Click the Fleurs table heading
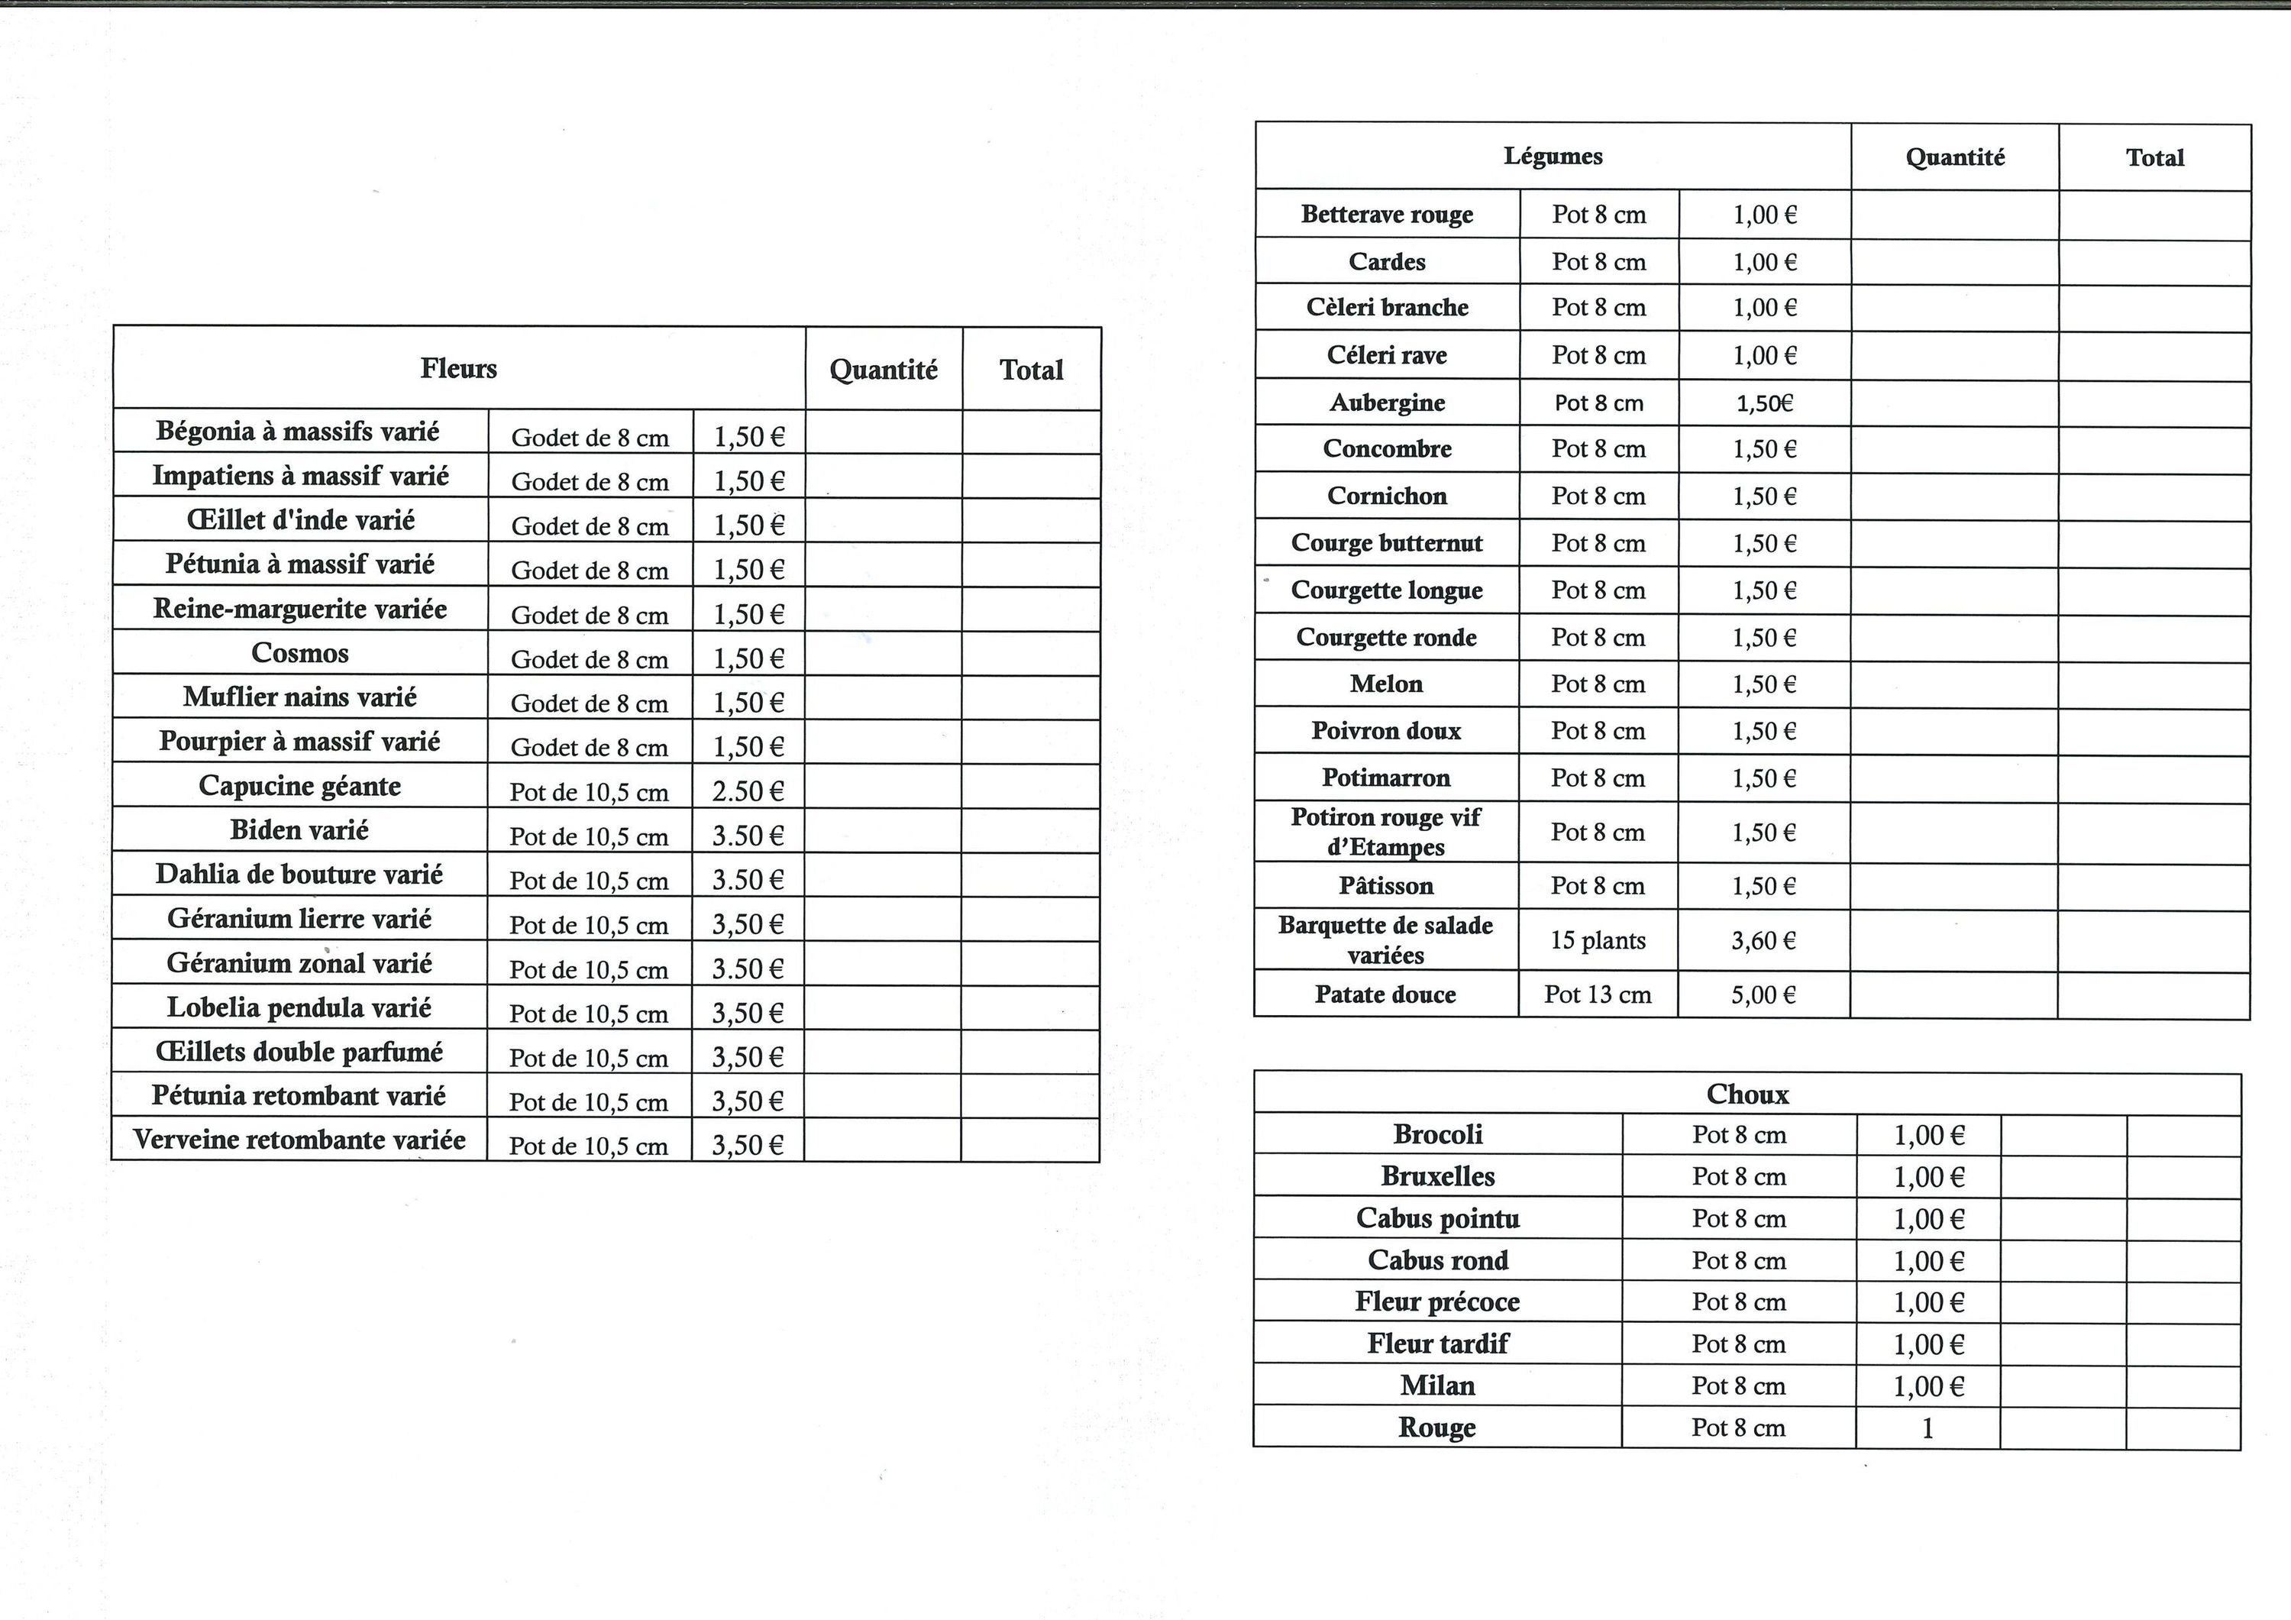point(458,368)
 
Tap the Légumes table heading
point(1553,156)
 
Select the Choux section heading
point(1747,1094)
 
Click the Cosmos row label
point(299,653)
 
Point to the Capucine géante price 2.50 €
point(748,791)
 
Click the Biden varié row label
point(299,829)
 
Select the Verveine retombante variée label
point(299,1140)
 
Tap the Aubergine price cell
point(1764,403)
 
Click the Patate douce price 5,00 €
point(1763,994)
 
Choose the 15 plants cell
point(1598,940)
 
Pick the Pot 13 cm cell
point(1598,994)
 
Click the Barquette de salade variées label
point(1385,940)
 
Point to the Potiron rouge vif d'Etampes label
point(1385,832)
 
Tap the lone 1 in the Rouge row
point(1927,1428)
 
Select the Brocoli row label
point(1438,1134)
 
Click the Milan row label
point(1438,1386)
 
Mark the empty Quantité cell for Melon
point(1953,684)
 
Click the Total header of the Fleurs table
point(1031,370)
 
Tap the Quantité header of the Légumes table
point(1955,157)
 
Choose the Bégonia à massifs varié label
point(299,432)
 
